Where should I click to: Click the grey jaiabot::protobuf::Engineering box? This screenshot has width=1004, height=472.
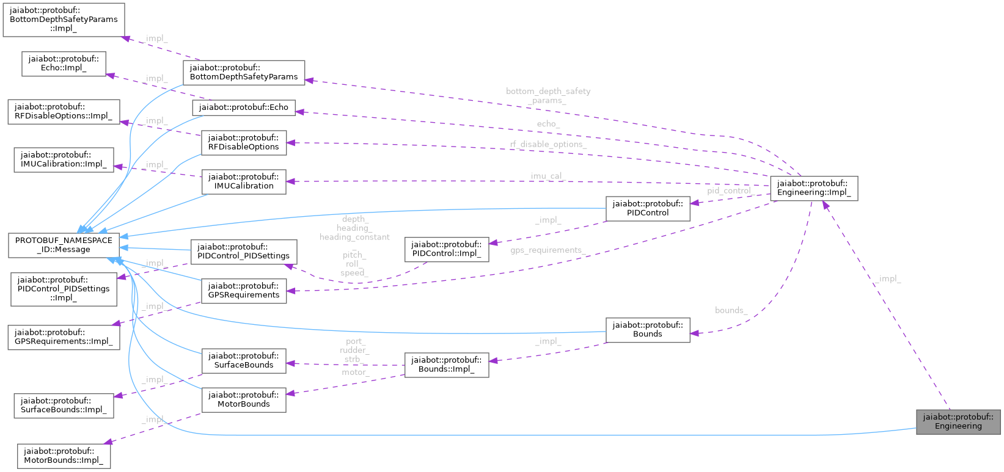click(x=958, y=421)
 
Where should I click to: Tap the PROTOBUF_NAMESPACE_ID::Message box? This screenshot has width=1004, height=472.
click(x=64, y=245)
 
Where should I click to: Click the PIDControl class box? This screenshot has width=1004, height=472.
click(x=647, y=208)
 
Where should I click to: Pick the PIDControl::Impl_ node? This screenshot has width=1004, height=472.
click(x=446, y=249)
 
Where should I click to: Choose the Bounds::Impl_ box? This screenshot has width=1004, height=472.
click(x=446, y=365)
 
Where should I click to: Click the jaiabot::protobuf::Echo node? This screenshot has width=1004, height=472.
click(x=243, y=107)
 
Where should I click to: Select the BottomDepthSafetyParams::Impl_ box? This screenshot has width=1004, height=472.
click(x=64, y=20)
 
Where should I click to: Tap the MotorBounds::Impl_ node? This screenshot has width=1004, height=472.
click(x=64, y=456)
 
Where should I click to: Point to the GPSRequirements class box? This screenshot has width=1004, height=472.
click(x=243, y=290)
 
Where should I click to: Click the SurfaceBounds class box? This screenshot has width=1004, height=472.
click(x=243, y=360)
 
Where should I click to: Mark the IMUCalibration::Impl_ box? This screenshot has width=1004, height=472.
click(x=64, y=160)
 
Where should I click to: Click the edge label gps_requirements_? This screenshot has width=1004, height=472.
click(x=548, y=250)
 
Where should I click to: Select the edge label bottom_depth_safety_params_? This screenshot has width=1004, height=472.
click(x=548, y=95)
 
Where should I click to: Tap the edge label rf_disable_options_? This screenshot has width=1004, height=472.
click(x=548, y=144)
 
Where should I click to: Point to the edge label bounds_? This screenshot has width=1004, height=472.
click(x=731, y=310)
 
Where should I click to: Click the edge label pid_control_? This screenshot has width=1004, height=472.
click(x=729, y=191)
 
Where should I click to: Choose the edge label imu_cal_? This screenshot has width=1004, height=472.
click(x=548, y=176)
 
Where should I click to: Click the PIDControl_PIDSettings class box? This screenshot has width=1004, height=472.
click(x=243, y=252)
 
